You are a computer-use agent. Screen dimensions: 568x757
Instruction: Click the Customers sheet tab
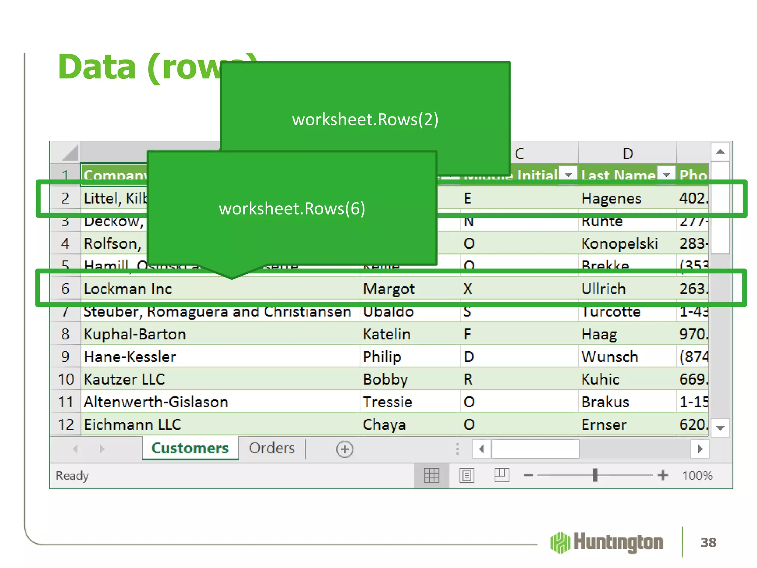coord(190,448)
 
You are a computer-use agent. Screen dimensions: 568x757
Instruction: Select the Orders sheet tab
coord(272,448)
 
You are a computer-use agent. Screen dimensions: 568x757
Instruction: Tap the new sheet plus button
coord(344,449)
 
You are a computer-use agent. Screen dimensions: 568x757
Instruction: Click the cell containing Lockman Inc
coord(128,289)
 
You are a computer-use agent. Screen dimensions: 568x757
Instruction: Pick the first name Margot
coord(389,289)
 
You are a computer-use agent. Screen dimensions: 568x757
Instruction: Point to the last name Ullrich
coord(603,289)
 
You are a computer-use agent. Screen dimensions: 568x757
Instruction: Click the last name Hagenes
coord(611,199)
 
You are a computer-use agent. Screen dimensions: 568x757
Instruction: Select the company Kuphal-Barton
coord(135,334)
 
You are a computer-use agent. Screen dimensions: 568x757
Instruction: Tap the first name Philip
coord(382,357)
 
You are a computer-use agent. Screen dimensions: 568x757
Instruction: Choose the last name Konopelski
coord(619,244)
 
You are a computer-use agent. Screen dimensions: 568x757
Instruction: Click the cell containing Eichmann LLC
coord(132,425)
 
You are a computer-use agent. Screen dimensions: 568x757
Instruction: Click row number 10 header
coord(66,379)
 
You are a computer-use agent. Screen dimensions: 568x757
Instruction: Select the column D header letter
coord(628,153)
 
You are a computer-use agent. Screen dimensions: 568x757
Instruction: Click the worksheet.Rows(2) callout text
coord(365,119)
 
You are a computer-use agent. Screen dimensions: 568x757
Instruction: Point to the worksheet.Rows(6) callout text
coord(292,209)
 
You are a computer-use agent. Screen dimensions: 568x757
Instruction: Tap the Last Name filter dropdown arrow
coord(666,174)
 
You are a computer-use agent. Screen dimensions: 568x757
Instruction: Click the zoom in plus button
coord(663,475)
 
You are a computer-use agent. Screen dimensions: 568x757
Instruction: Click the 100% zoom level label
coord(697,476)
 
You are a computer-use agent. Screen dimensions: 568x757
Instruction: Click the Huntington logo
coord(607,542)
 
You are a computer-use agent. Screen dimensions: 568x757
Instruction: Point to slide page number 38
coord(708,542)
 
